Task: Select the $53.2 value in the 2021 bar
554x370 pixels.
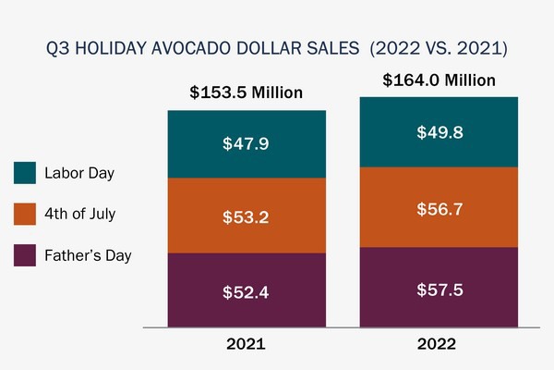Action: coord(246,217)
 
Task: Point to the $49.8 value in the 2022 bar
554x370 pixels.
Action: coord(439,132)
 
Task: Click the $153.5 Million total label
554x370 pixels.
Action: coord(246,92)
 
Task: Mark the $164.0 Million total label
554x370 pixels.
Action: coord(439,80)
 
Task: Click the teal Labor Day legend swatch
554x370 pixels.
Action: coord(26,173)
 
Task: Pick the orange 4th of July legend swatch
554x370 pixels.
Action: coord(26,215)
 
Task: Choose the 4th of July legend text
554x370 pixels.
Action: coord(79,215)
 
